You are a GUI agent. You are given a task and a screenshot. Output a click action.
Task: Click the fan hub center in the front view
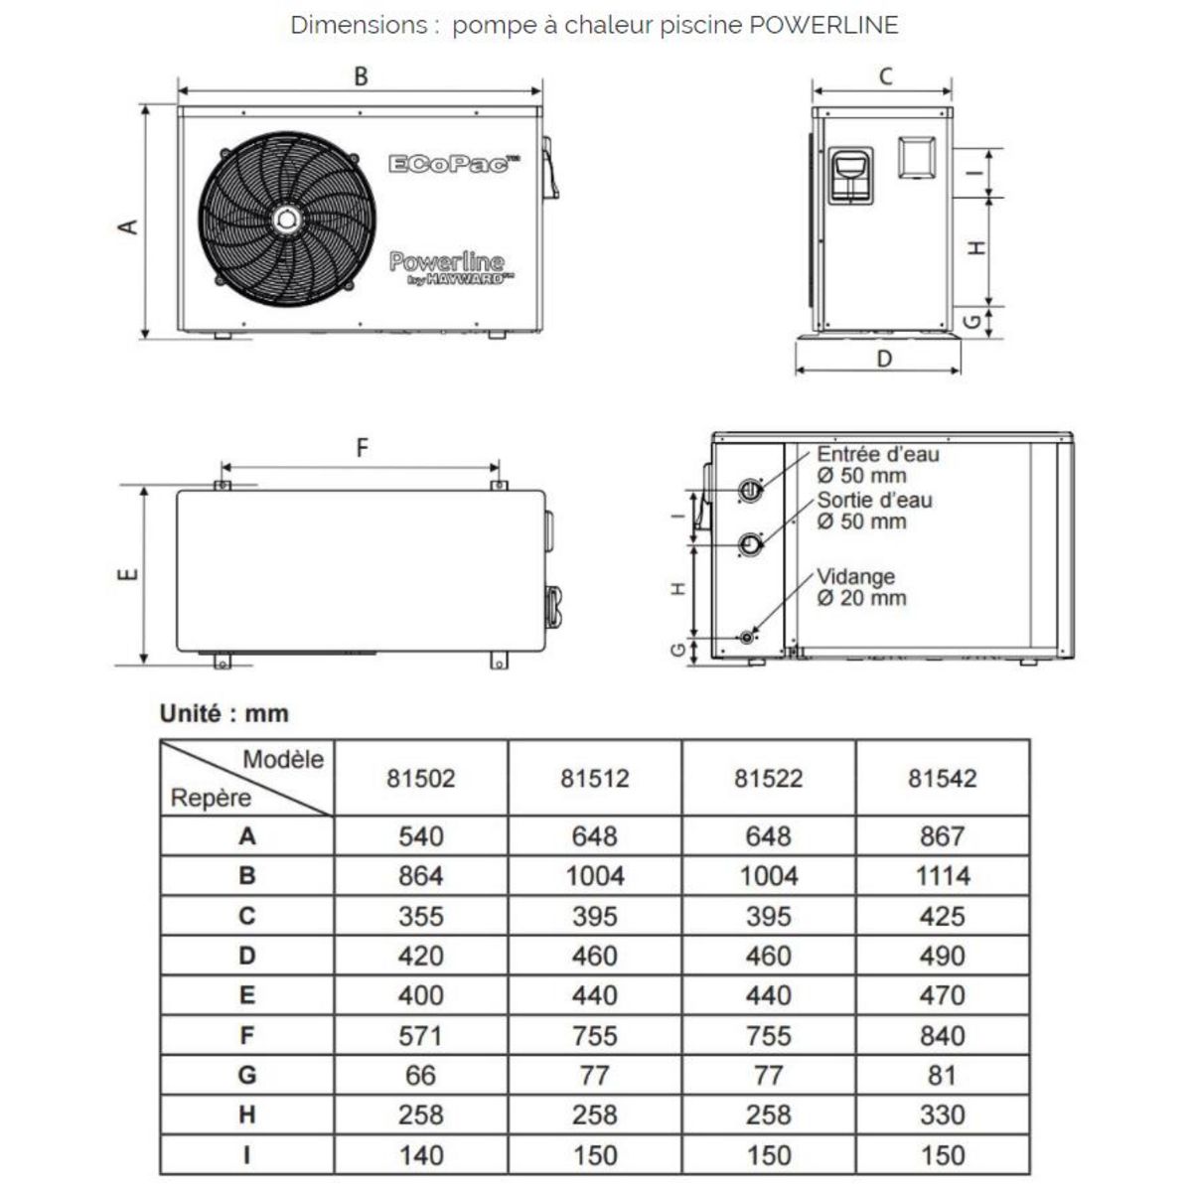coord(286,219)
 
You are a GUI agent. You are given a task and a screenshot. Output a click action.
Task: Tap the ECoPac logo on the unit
coord(454,163)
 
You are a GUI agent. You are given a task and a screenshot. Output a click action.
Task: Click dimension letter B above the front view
coord(362,76)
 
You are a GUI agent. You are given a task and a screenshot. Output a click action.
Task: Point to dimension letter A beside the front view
coord(128,226)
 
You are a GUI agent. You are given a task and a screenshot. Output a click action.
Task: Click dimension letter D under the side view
coord(884,358)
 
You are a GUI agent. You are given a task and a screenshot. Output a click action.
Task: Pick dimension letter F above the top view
coord(362,449)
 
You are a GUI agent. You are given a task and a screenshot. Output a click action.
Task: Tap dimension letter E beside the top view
coord(128,574)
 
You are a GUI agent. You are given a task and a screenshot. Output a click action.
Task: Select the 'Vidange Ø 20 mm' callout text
coord(860,587)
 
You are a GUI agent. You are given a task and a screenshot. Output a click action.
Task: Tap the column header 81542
coord(942,778)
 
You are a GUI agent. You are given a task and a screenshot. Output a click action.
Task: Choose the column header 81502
coord(420,778)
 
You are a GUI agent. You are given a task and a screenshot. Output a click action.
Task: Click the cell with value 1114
coord(942,876)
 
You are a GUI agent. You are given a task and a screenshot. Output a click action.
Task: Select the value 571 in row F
coord(420,1036)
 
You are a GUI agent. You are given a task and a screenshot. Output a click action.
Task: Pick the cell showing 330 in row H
coord(942,1116)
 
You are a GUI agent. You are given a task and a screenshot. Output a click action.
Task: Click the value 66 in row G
coord(420,1076)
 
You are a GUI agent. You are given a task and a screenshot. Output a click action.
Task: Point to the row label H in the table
coord(247,1116)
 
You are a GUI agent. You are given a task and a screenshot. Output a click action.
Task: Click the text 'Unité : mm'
coord(224,713)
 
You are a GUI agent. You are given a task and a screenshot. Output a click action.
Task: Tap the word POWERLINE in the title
coord(823,26)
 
